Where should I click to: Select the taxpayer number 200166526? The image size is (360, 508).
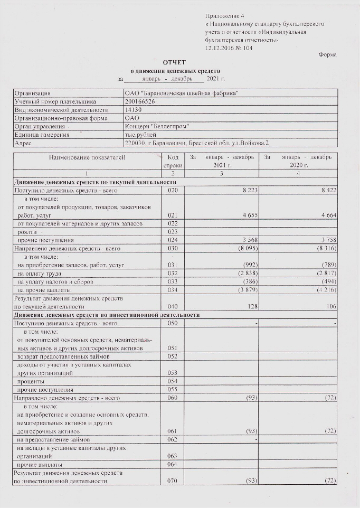[x=137, y=101]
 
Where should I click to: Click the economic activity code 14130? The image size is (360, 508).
[x=132, y=110]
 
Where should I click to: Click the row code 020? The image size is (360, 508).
[x=173, y=190]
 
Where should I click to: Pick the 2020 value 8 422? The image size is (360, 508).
[x=327, y=190]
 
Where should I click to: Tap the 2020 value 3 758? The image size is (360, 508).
[x=327, y=240]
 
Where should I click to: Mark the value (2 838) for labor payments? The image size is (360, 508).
[x=245, y=274]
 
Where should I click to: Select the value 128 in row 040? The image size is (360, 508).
[x=251, y=306]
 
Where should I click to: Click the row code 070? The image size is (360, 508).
[x=173, y=481]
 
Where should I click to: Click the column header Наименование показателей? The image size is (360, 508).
[x=87, y=157]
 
